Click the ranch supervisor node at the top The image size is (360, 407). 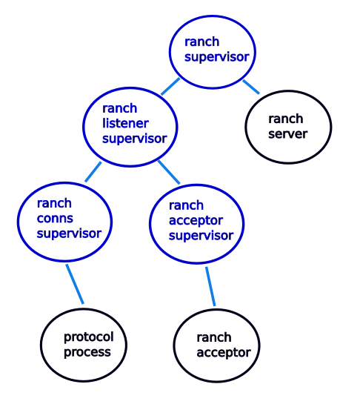click(x=214, y=48)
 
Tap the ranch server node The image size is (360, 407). click(x=288, y=126)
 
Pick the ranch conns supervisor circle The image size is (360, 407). click(x=64, y=219)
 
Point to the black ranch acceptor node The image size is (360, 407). click(x=217, y=345)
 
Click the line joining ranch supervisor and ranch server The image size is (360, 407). click(x=250, y=86)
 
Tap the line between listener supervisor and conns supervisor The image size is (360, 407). click(x=93, y=172)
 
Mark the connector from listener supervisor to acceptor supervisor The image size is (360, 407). click(x=169, y=171)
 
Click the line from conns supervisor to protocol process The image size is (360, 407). click(x=74, y=284)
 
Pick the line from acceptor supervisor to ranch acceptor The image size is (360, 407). click(x=210, y=286)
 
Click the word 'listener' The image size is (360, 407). click(x=125, y=123)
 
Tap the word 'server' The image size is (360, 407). click(x=287, y=134)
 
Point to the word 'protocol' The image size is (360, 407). click(x=87, y=337)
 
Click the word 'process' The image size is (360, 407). click(x=87, y=351)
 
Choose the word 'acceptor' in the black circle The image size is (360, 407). click(x=223, y=352)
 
